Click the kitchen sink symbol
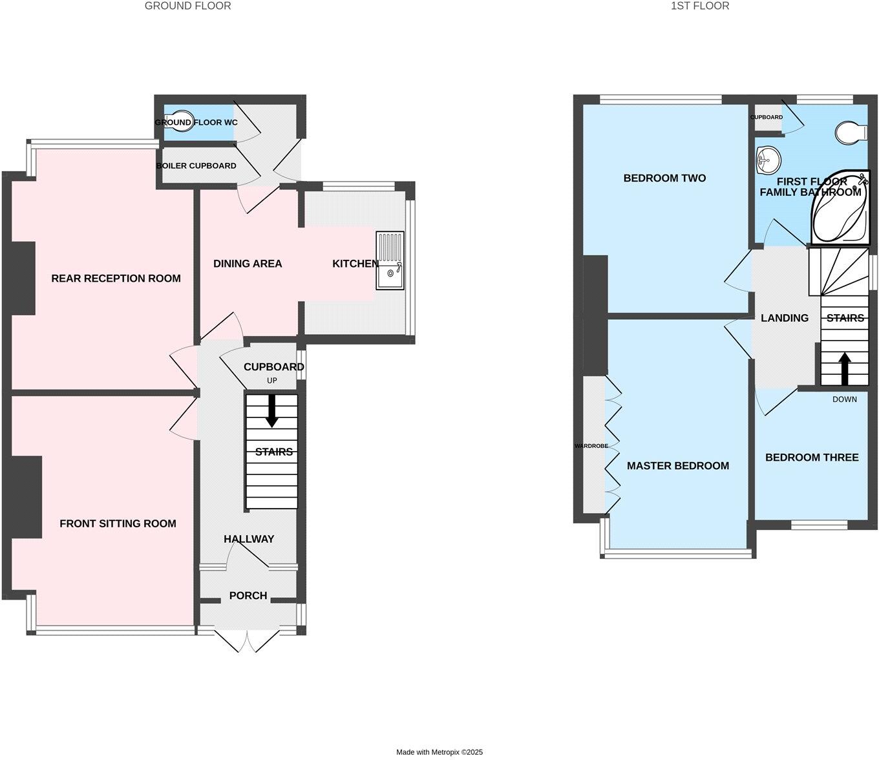tap(390, 260)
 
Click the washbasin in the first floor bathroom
tap(767, 159)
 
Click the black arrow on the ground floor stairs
tap(272, 410)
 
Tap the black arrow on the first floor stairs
tap(844, 368)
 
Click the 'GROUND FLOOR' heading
tap(187, 6)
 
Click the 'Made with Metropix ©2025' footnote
tap(439, 752)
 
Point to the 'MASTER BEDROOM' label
tap(677, 466)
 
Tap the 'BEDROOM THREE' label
tap(812, 458)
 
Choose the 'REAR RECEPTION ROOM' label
tap(116, 279)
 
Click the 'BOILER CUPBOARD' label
tap(196, 166)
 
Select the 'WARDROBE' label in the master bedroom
tap(591, 446)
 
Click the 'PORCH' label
tap(248, 596)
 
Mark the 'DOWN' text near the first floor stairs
tap(844, 399)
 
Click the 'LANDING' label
tap(785, 318)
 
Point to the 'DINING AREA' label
tap(248, 264)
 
